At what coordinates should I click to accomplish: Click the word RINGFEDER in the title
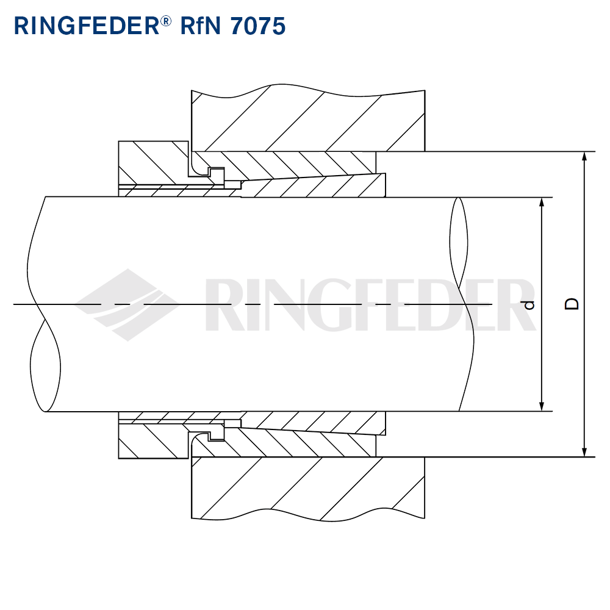tap(85, 26)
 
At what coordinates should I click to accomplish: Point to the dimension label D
tap(572, 304)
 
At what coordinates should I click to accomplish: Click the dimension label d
tap(529, 304)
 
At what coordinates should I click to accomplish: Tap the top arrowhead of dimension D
tap(584, 156)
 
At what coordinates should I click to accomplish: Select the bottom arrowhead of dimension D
tap(584, 451)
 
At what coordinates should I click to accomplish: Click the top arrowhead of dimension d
tap(541, 203)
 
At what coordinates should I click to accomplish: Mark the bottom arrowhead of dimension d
tap(541, 406)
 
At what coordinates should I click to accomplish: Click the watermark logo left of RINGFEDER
tap(131, 304)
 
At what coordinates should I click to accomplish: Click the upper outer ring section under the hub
tap(293, 162)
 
